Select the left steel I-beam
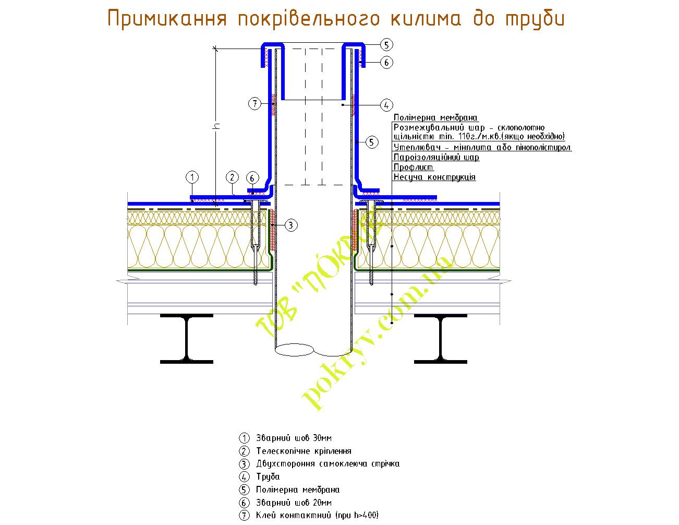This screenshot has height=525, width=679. [x=186, y=338]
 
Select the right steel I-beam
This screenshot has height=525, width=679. [x=440, y=338]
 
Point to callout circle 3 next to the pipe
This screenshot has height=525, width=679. [x=291, y=225]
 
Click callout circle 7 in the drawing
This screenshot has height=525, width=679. [x=254, y=104]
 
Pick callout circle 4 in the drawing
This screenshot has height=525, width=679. [x=386, y=105]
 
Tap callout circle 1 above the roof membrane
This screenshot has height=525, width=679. [x=192, y=177]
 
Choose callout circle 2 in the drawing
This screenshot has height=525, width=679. [x=233, y=177]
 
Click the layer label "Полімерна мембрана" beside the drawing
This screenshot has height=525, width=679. [x=436, y=118]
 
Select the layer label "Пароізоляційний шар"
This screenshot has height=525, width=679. [x=436, y=157]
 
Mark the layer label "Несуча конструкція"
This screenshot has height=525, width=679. [x=434, y=177]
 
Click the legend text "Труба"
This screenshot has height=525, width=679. [x=268, y=477]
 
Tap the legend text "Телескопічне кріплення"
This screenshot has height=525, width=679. [x=304, y=451]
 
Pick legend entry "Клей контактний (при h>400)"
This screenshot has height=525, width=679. [x=317, y=516]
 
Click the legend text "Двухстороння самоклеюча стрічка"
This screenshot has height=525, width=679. [x=328, y=464]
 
